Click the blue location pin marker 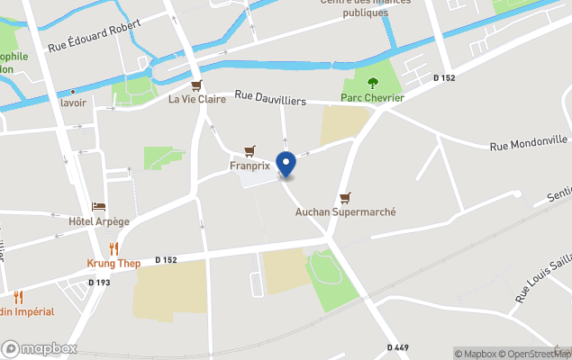286,165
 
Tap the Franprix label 250,166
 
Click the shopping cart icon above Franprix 250,151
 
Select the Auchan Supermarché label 346,211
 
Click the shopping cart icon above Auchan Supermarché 345,197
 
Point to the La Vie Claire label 197,99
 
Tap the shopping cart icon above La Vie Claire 197,84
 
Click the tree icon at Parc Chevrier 372,83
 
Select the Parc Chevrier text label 372,97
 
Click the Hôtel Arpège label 99,221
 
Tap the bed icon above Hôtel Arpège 99,207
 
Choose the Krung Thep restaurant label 113,263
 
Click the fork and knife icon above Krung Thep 113,248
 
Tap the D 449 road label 399,347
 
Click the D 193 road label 99,283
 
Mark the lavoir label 73,103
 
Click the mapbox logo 40,348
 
